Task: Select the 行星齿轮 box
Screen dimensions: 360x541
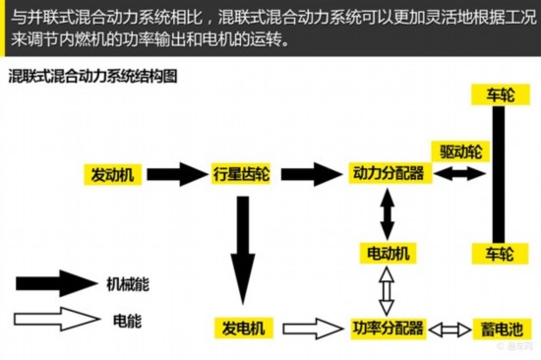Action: click(x=241, y=175)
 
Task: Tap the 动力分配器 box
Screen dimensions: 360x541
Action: click(x=388, y=174)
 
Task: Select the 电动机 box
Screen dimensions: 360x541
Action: click(x=388, y=254)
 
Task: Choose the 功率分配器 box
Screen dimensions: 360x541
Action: click(x=387, y=327)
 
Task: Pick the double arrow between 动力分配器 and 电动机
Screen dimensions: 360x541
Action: click(x=388, y=213)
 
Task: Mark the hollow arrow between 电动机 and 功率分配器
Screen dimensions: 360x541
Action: click(x=388, y=290)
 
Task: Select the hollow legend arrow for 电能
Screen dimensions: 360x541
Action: click(x=53, y=320)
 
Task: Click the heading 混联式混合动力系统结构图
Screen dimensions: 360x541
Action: click(x=92, y=76)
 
